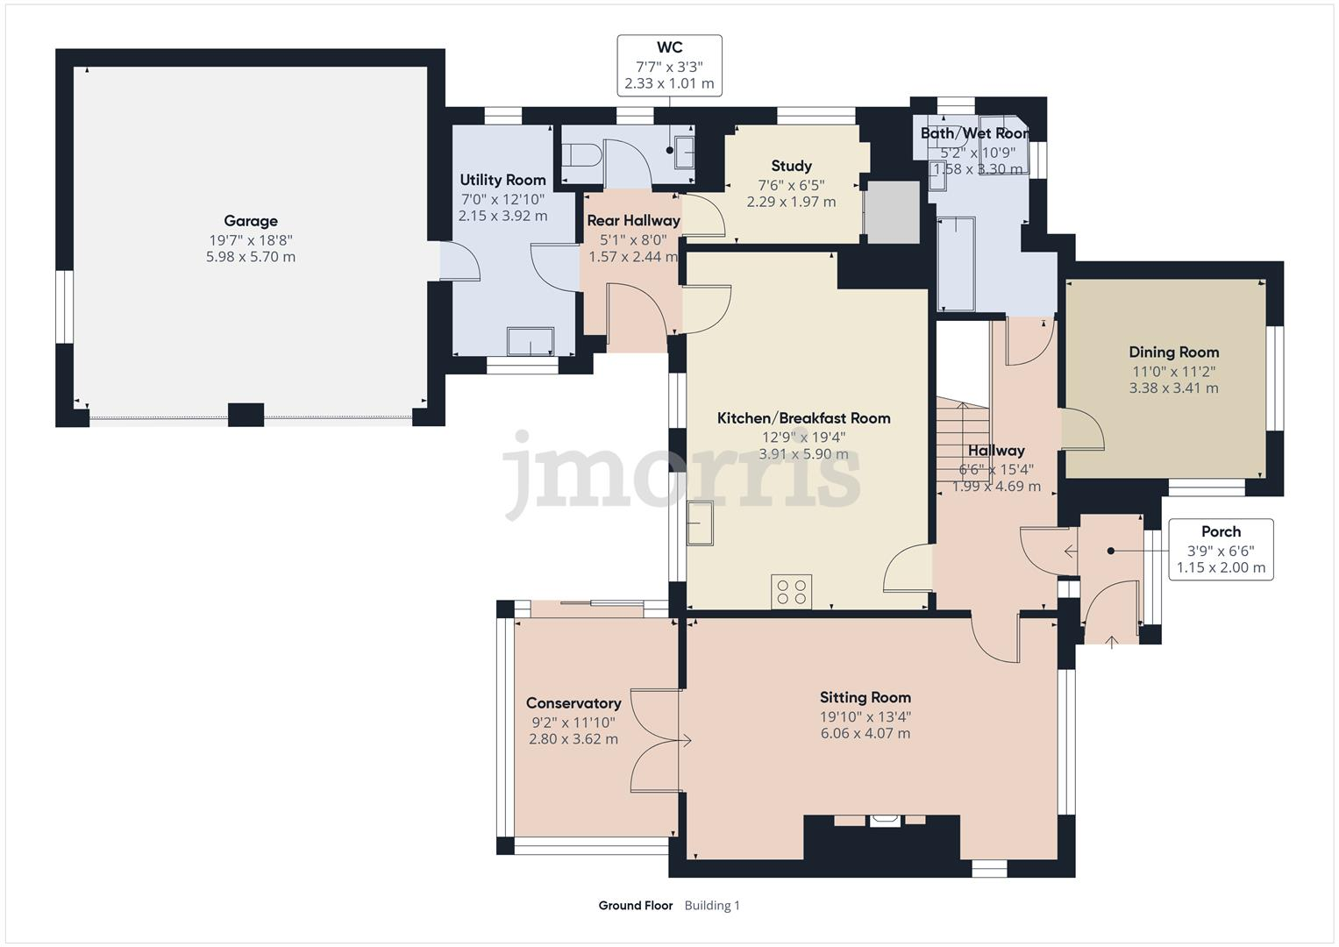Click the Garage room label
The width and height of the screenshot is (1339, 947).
250,221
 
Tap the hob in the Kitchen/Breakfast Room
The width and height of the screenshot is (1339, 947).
792,591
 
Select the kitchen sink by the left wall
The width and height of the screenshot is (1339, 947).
701,523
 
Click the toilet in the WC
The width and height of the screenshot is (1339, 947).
580,156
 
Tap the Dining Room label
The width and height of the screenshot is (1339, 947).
1173,352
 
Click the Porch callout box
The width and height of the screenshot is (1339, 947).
1221,550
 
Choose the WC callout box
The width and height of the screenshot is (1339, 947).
669,66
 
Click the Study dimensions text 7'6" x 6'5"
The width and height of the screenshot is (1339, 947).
791,185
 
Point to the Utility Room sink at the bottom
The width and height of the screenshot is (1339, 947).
531,341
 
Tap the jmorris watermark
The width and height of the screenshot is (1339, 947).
680,475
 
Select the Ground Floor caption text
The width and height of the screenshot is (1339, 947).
635,906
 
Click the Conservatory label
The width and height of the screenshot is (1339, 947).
573,703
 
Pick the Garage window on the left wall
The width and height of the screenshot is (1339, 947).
64,306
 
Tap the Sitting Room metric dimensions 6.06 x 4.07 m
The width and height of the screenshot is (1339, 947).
865,733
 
